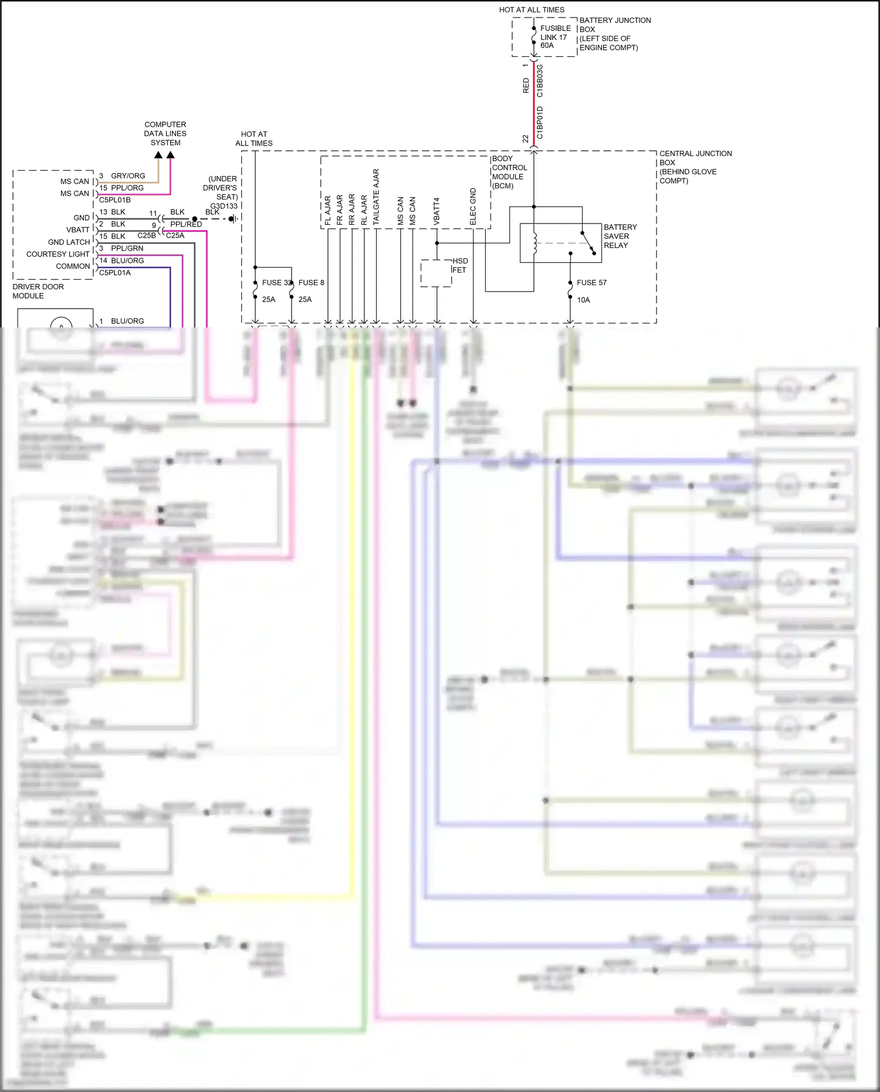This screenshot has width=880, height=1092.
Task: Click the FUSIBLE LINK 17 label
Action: [x=554, y=36]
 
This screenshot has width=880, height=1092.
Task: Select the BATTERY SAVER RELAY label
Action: [x=620, y=236]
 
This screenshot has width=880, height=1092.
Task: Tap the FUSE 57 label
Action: [x=591, y=282]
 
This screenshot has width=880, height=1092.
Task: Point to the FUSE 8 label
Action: [x=311, y=282]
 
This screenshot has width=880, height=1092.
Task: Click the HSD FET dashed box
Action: [x=436, y=273]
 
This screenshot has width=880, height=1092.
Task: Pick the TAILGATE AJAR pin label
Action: [x=376, y=197]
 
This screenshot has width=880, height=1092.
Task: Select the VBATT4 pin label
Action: [x=436, y=211]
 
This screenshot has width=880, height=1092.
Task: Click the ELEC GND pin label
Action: [x=473, y=207]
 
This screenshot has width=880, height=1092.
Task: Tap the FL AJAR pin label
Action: [x=328, y=210]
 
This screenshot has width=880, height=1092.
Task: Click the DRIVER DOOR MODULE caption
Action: [x=38, y=291]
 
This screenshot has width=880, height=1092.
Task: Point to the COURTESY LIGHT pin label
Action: [x=57, y=254]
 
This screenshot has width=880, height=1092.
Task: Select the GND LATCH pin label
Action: [x=69, y=242]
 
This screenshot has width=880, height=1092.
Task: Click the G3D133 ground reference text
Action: [x=224, y=206]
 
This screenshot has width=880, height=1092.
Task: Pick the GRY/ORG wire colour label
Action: [x=128, y=175]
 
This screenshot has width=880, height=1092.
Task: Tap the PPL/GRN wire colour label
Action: [x=127, y=248]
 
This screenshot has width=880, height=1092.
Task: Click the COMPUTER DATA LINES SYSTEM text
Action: [x=165, y=133]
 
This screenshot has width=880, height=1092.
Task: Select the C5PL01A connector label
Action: [x=115, y=272]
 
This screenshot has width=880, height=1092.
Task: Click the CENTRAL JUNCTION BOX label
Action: [x=695, y=167]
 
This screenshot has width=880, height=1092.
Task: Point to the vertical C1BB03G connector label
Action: [x=540, y=80]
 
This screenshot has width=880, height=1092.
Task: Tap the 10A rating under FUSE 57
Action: [x=583, y=300]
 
